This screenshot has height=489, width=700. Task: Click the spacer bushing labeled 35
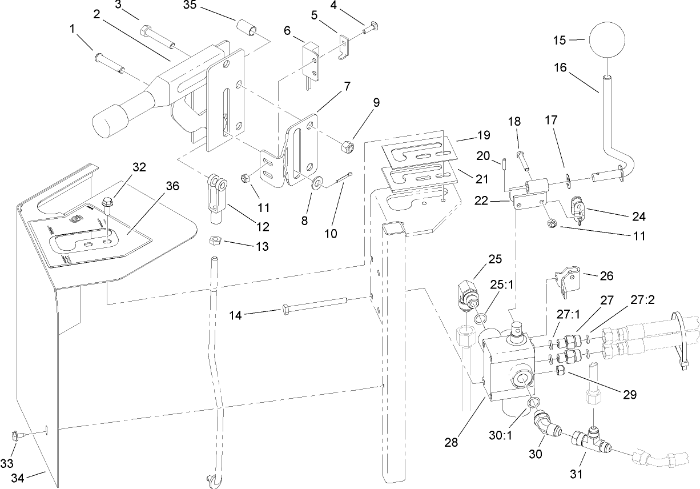point(247,28)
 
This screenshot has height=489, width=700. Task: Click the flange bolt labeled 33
point(17,435)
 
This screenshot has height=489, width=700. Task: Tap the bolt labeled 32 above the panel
point(107,203)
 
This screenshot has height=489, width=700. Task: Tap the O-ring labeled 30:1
point(532,404)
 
